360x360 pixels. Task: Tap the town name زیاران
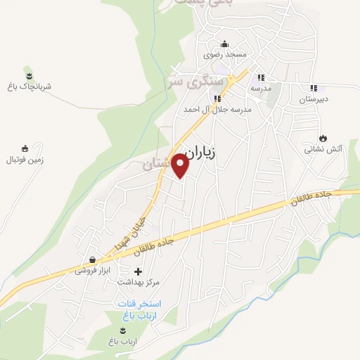coord(212,150)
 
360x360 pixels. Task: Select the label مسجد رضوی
coord(225,54)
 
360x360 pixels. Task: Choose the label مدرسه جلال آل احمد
coord(217,110)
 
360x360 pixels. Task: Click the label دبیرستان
coord(313,99)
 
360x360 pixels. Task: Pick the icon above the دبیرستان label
coord(313,89)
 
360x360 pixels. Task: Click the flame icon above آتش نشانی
coord(323,138)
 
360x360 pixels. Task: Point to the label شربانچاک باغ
coord(27,86)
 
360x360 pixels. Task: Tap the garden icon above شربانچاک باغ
coord(28,75)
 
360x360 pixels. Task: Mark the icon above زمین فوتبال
coord(25,148)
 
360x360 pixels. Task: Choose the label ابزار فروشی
coord(94,270)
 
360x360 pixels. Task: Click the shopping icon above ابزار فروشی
coord(92,259)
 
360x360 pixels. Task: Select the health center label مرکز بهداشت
coord(138,282)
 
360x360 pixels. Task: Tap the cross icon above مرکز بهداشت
coord(138,271)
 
